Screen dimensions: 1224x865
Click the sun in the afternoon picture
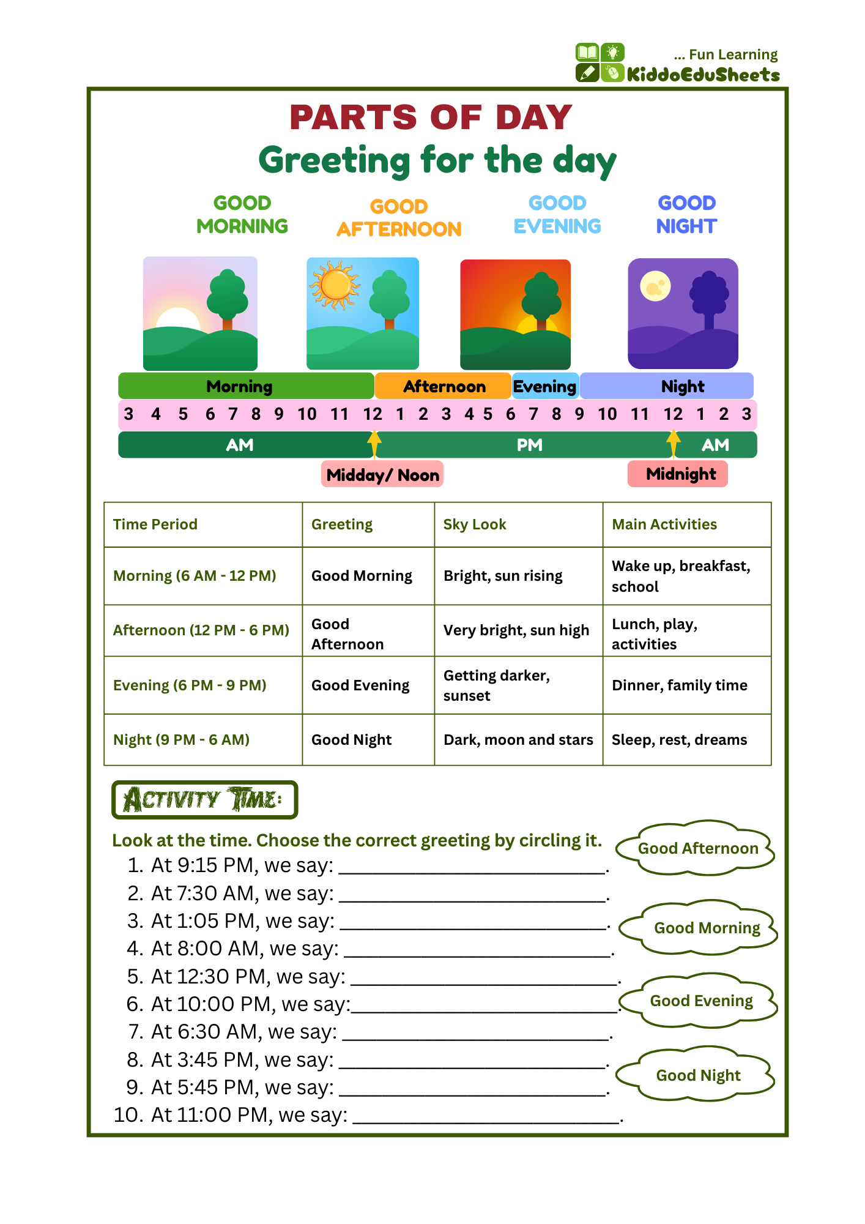pyautogui.click(x=335, y=285)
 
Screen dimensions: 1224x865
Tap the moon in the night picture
pyautogui.click(x=655, y=286)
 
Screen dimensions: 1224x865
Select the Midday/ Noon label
pyautogui.click(x=382, y=474)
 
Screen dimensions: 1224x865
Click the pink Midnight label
pyautogui.click(x=678, y=474)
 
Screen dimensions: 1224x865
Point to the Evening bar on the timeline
pyautogui.click(x=545, y=386)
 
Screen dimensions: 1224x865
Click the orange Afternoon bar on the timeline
pyautogui.click(x=444, y=386)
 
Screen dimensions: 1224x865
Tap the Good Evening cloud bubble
pyautogui.click(x=701, y=1001)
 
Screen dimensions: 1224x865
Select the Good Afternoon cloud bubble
pyautogui.click(x=697, y=848)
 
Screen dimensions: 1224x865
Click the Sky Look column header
pyautogui.click(x=475, y=524)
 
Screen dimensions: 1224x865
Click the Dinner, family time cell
pyautogui.click(x=680, y=685)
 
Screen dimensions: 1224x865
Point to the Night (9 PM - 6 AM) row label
pyautogui.click(x=182, y=740)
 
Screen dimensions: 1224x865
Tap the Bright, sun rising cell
pyautogui.click(x=503, y=576)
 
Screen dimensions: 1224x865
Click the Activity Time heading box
pyautogui.click(x=204, y=799)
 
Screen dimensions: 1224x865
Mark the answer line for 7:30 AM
pyautogui.click(x=473, y=895)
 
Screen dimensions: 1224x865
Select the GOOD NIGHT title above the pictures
pyautogui.click(x=686, y=215)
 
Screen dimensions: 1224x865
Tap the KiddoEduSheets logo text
pyautogui.click(x=703, y=75)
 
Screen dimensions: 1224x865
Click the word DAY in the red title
pyautogui.click(x=534, y=118)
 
